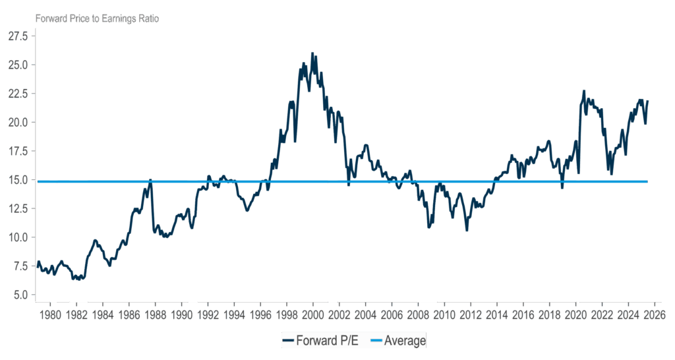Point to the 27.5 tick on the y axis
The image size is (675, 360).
point(18,36)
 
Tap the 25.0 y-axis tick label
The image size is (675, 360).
point(18,65)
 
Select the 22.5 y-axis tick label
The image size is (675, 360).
point(18,94)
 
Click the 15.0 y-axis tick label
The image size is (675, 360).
point(18,180)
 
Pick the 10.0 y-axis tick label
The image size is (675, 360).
point(18,237)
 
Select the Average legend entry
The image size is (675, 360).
point(405,340)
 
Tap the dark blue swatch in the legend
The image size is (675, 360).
point(288,341)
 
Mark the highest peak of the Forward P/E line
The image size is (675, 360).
point(312,53)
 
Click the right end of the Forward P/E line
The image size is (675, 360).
point(648,101)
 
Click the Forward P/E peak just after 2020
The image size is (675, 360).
point(583,91)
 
